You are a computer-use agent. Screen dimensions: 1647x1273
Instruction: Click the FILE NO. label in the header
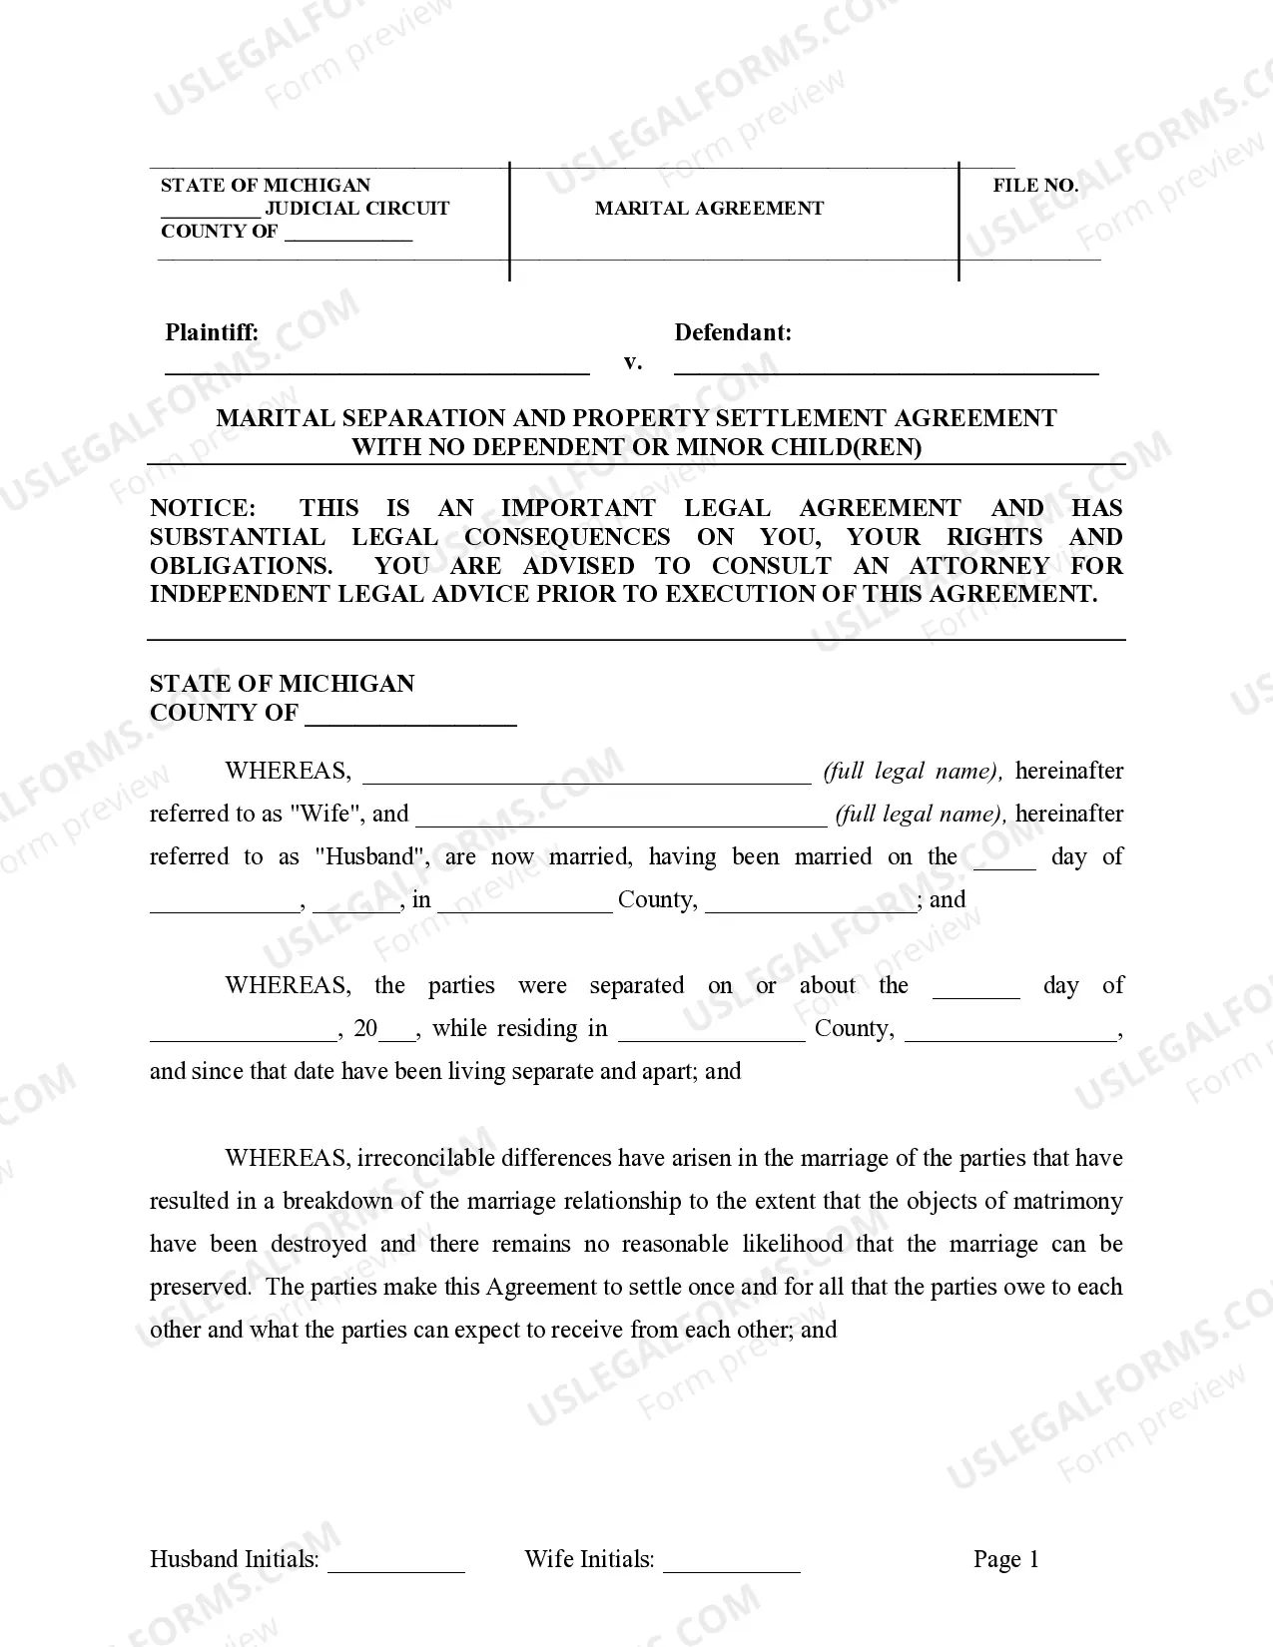(x=1035, y=186)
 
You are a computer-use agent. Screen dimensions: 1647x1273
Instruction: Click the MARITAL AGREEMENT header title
(x=709, y=209)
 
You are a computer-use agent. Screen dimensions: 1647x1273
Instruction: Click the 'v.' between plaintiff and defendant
(x=632, y=362)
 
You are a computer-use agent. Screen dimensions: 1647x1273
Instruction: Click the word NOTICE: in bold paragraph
(x=203, y=508)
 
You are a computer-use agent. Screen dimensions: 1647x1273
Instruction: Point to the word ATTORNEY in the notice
(x=978, y=566)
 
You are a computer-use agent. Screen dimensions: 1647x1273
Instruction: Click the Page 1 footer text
(x=1005, y=1559)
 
